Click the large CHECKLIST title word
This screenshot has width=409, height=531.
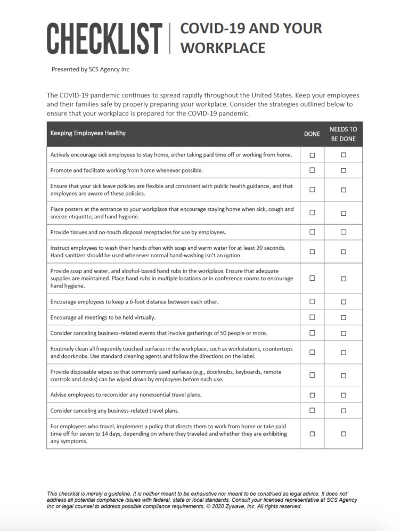(104, 38)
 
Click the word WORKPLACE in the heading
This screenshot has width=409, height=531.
(223, 48)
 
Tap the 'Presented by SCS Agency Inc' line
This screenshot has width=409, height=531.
(90, 69)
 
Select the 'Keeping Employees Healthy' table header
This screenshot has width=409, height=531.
(88, 133)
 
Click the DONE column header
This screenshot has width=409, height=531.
(312, 134)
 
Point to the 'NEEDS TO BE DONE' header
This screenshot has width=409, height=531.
(343, 134)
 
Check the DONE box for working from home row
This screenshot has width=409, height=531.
(313, 170)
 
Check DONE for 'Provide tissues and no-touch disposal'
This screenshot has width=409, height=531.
(313, 232)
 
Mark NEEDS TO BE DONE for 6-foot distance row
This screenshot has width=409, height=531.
(343, 302)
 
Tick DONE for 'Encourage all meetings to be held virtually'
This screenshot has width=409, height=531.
(313, 317)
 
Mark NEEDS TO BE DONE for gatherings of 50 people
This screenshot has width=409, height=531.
(343, 333)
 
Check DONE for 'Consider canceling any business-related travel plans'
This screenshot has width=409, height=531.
(313, 411)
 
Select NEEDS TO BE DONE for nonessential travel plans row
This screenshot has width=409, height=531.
(343, 395)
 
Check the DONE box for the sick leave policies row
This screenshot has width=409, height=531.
(313, 190)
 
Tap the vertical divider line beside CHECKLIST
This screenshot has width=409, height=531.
(170, 38)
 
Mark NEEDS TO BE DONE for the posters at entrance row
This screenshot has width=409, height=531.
(343, 213)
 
